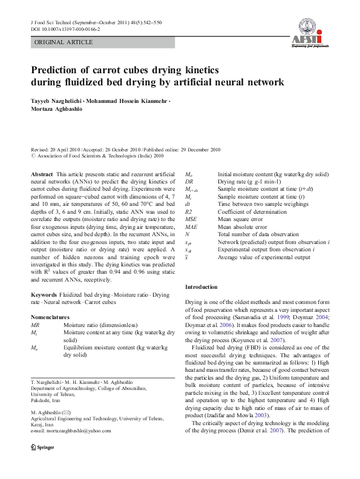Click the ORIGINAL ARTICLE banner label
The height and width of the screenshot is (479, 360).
(64, 42)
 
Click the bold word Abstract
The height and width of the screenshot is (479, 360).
(42, 174)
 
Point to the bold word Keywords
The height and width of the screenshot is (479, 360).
(44, 295)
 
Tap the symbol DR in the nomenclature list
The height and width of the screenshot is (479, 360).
(189, 181)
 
